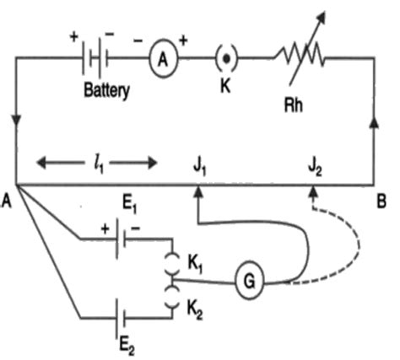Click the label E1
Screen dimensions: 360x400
(x=130, y=203)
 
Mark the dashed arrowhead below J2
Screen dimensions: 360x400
(x=313, y=191)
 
